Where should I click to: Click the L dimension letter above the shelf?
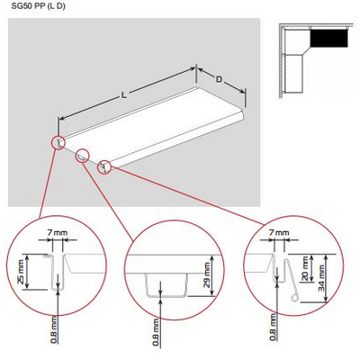(x=123, y=94)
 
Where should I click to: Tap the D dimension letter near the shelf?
(x=219, y=78)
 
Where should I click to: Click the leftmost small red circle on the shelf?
(x=58, y=142)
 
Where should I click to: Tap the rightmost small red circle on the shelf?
(x=104, y=166)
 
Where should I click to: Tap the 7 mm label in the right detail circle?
(x=280, y=233)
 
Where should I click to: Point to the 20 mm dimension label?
(x=303, y=266)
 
